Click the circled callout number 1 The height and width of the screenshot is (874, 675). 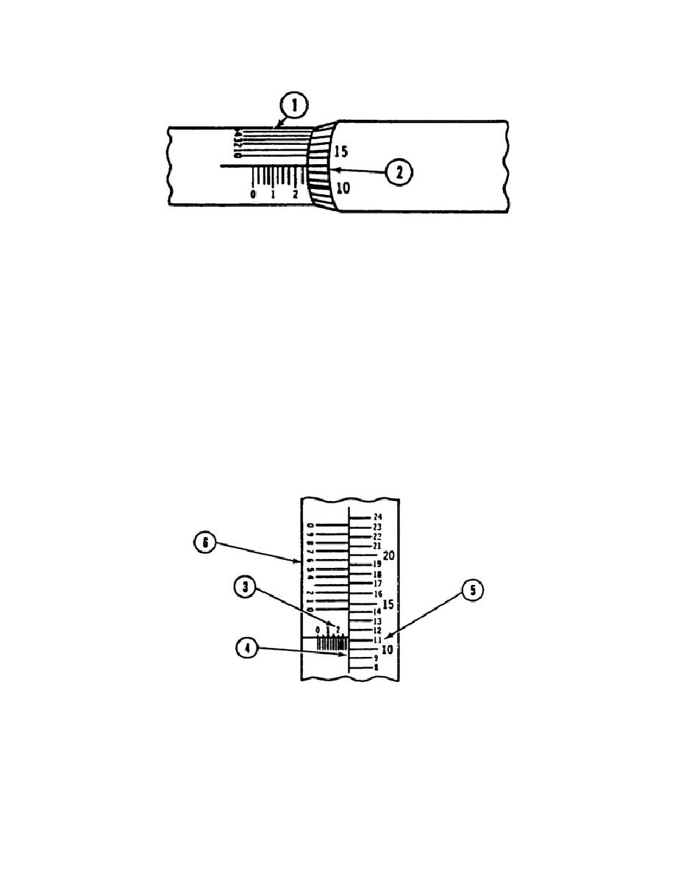[x=294, y=105]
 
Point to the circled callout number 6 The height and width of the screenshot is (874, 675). [x=206, y=544]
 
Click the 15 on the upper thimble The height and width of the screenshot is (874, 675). [x=340, y=152]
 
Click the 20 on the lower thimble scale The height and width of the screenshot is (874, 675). [x=389, y=555]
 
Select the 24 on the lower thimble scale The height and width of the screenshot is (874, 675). [x=377, y=518]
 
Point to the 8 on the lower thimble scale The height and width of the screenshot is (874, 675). [x=376, y=668]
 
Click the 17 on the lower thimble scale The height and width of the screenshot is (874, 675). [x=377, y=583]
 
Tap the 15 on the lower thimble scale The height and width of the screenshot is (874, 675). [x=389, y=604]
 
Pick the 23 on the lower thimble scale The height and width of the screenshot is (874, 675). [x=377, y=527]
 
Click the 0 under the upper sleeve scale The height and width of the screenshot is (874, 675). [x=254, y=195]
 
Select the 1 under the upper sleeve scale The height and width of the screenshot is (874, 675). [x=274, y=195]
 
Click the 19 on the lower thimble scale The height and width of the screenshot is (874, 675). [x=377, y=564]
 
